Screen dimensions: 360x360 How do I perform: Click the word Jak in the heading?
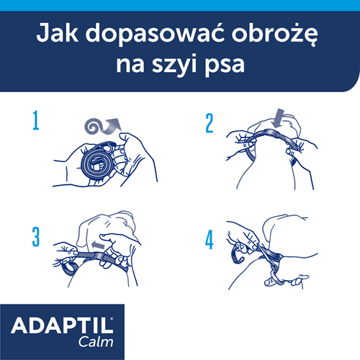pos(58,33)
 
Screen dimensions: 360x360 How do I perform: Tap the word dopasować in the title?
pos(155,35)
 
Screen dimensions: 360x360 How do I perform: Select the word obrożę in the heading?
pos(274,35)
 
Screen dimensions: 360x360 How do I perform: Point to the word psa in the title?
pos(225,66)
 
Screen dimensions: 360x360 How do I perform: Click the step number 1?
pos(36,120)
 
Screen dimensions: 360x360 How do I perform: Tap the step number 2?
pos(210,123)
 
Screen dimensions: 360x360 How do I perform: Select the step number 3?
pos(36,237)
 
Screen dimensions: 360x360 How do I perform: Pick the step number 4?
pos(210,240)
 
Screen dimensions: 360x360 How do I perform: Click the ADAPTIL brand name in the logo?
pos(62,325)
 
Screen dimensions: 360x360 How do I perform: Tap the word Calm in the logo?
pos(96,342)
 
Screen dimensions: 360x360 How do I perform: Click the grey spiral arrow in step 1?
pos(102,127)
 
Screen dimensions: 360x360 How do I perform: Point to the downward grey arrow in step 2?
pos(279,118)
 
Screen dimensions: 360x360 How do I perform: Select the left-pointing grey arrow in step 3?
pos(99,245)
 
